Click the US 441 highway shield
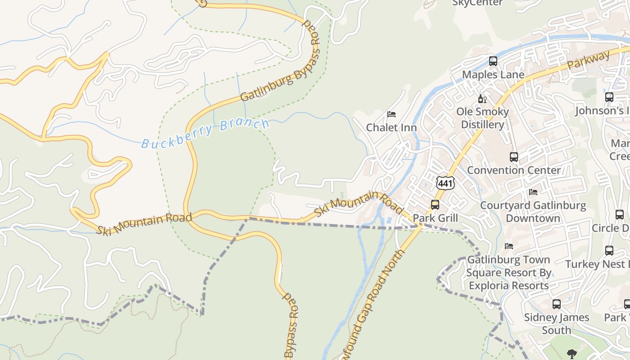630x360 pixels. pos(445,183)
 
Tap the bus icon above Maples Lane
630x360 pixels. pos(493,61)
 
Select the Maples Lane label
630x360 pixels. pos(493,74)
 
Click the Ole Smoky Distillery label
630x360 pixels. pos(483,118)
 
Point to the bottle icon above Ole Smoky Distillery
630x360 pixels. pos(482,99)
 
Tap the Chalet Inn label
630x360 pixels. pos(391,127)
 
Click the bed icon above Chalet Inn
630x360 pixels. pos(391,114)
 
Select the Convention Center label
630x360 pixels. pos(513,170)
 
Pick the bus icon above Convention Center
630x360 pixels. pos(513,157)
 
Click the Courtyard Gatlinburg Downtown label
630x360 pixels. pos(533,212)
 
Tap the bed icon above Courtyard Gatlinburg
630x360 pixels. pos(533,192)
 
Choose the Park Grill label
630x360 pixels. pos(435,218)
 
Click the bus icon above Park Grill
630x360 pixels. pos(435,205)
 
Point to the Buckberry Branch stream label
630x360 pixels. pos(205,133)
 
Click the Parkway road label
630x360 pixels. pos(588,60)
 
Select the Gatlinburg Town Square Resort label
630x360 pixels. pos(508,272)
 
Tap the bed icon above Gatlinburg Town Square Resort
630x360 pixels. pos(509,246)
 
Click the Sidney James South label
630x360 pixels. pos(557,324)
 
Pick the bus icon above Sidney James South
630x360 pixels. pos(557,304)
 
